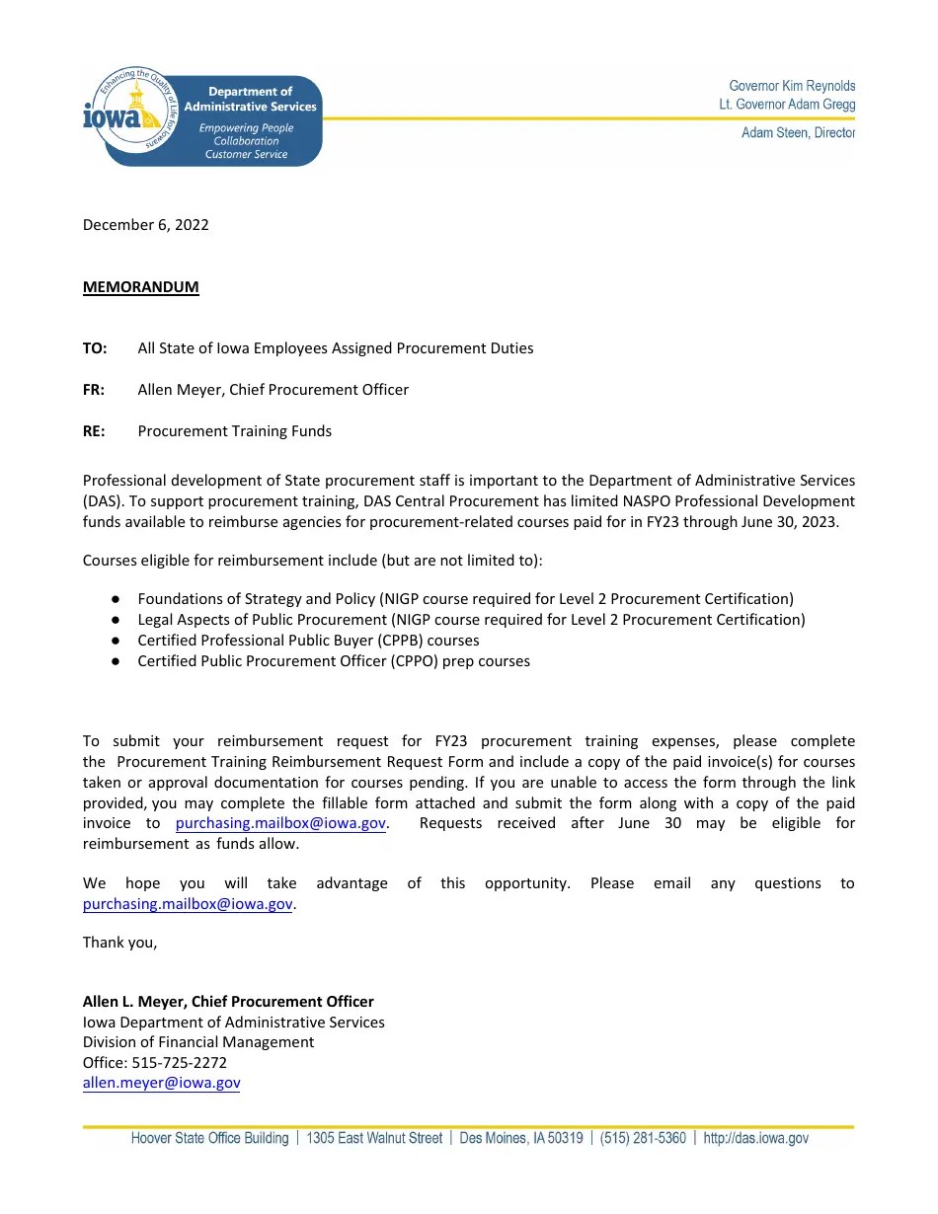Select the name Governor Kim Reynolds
[792, 86]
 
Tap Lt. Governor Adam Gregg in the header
[787, 104]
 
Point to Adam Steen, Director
[798, 132]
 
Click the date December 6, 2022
[145, 224]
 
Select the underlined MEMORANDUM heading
[140, 287]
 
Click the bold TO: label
[95, 348]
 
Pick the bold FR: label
[94, 390]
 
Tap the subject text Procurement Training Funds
[234, 431]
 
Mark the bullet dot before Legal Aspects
[116, 620]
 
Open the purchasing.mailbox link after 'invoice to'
[279, 824]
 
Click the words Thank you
[119, 943]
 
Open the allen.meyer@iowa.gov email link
[161, 1083]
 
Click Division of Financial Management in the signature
[197, 1042]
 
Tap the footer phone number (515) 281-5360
[643, 1138]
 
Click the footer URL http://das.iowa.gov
[755, 1138]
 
